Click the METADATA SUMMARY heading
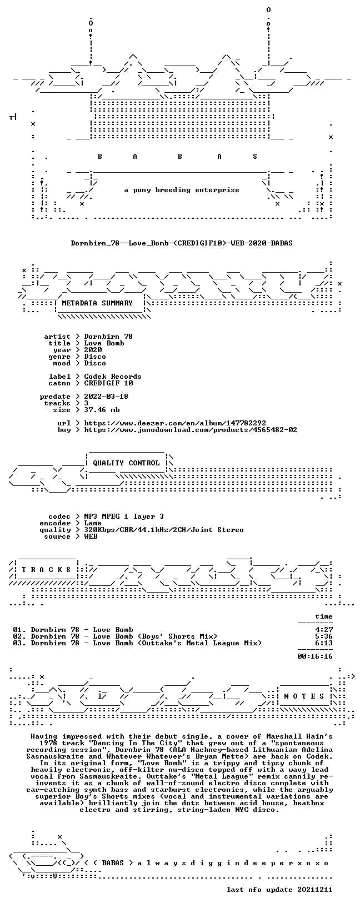tap(97, 303)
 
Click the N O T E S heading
tap(304, 696)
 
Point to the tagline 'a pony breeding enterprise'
tap(182, 190)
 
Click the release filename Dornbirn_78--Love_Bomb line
tap(182, 243)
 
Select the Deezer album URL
tap(176, 423)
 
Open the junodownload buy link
tap(191, 430)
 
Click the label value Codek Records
tap(113, 377)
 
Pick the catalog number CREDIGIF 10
tap(108, 383)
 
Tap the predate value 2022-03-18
tap(106, 396)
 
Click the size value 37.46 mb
tap(102, 410)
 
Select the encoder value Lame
tap(93, 523)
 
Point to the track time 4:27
tap(324, 630)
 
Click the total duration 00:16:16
tap(315, 656)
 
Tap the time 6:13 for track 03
tap(324, 643)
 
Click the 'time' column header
tap(324, 616)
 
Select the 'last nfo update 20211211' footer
tap(279, 889)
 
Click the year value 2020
tap(93, 350)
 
